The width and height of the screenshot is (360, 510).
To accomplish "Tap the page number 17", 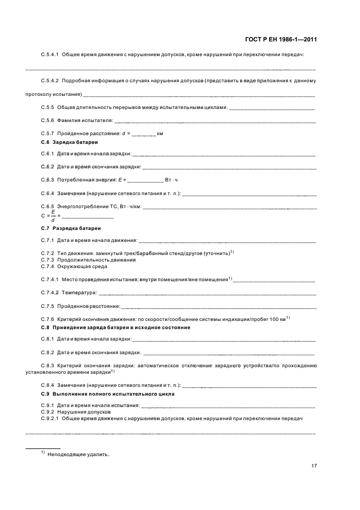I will (x=313, y=465).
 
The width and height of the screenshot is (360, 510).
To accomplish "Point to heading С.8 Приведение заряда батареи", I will (x=115, y=327).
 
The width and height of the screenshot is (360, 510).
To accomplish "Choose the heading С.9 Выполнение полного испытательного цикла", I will (x=108, y=393).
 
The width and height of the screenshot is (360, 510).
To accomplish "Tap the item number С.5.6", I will (x=50, y=120).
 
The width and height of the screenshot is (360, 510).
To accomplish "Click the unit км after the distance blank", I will (x=160, y=133).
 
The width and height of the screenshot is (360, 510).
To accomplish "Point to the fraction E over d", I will (x=52, y=216).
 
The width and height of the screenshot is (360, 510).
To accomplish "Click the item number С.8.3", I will (x=50, y=366).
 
